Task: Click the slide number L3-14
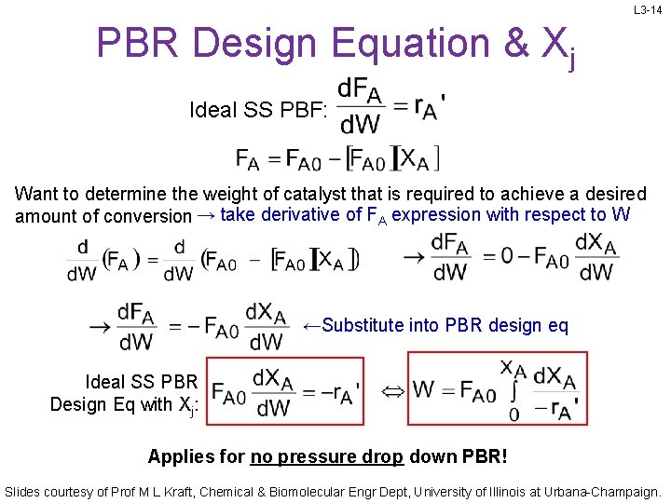click(x=648, y=10)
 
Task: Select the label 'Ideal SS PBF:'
click(x=258, y=110)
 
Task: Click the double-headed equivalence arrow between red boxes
click(x=393, y=389)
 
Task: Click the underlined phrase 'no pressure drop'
click(x=326, y=456)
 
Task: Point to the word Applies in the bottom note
click(x=178, y=456)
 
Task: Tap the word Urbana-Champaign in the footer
click(x=605, y=490)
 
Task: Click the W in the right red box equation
click(x=424, y=389)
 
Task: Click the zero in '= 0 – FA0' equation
click(x=507, y=255)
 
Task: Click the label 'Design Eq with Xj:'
click(x=124, y=404)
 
